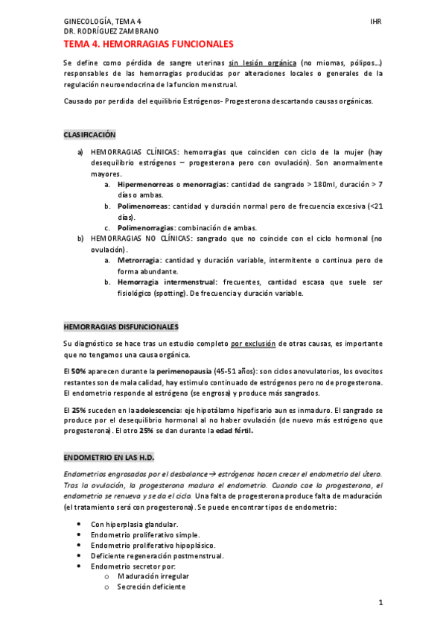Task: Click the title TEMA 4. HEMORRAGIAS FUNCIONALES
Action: pos(148,45)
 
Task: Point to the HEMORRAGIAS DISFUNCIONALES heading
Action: pos(121,327)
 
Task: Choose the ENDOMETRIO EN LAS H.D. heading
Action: pos(109,456)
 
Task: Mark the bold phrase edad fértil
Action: pos(232,431)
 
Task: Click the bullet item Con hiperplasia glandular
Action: pos(134,524)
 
